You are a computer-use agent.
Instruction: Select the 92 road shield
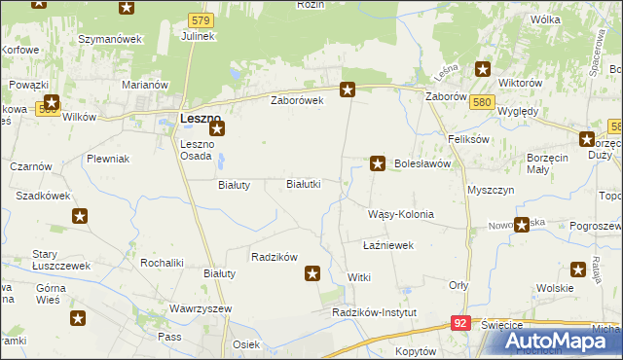click(462, 322)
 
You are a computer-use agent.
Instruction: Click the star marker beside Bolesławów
click(378, 163)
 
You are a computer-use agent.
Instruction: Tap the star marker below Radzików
click(312, 274)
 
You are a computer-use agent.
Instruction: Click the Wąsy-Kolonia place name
click(400, 214)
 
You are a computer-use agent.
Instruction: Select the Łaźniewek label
click(388, 245)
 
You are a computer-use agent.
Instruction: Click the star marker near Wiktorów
click(482, 68)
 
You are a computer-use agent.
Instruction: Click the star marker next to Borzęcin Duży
click(587, 138)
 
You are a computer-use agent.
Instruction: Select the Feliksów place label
click(466, 139)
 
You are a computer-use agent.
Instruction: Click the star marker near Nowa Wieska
click(522, 225)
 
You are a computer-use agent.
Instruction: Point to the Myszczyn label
click(491, 191)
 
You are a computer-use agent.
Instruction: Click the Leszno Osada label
click(203, 152)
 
